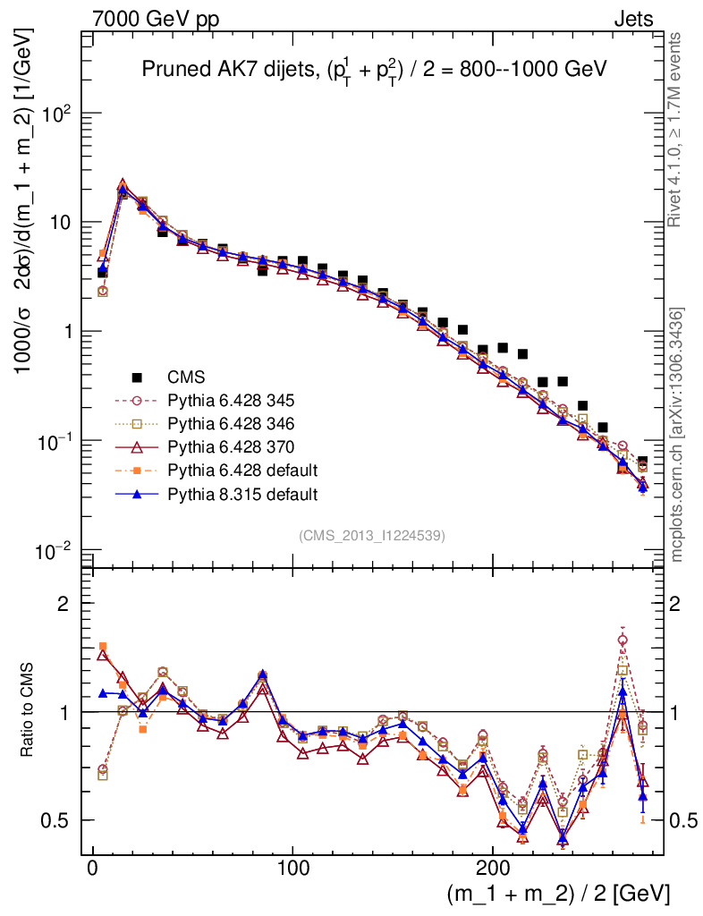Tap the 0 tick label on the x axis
[x=92, y=869]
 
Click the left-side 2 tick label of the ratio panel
[x=64, y=603]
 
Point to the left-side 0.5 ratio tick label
[x=55, y=820]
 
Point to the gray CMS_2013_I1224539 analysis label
[x=372, y=535]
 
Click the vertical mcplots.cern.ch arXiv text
[x=677, y=436]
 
